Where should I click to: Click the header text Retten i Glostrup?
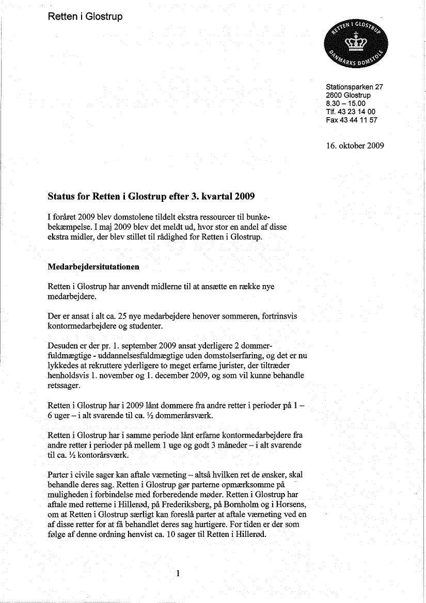tap(85, 17)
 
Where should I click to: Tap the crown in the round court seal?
tap(354, 41)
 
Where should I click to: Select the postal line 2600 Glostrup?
tap(348, 96)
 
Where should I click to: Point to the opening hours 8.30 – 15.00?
tap(345, 103)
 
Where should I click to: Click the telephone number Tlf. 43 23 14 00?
tap(351, 112)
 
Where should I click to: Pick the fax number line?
tap(352, 120)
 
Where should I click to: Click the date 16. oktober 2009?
tap(355, 146)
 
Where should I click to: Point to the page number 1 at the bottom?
tap(177, 574)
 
